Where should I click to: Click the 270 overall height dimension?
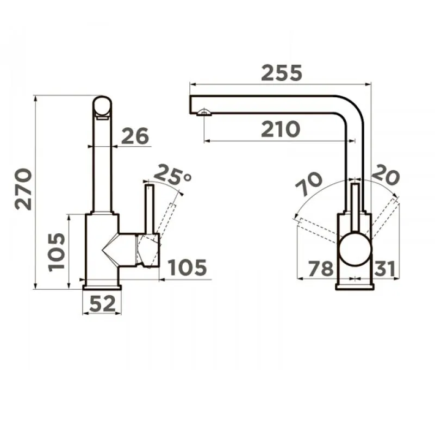point(23,189)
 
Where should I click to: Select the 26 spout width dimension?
point(135,136)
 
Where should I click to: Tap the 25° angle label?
point(172,175)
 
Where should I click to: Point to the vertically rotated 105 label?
point(57,252)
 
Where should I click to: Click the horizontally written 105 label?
point(188,267)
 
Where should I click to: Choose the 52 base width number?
point(102,303)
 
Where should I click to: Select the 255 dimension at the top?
point(281,73)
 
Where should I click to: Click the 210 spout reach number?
point(281,129)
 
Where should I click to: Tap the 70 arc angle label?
point(308,184)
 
